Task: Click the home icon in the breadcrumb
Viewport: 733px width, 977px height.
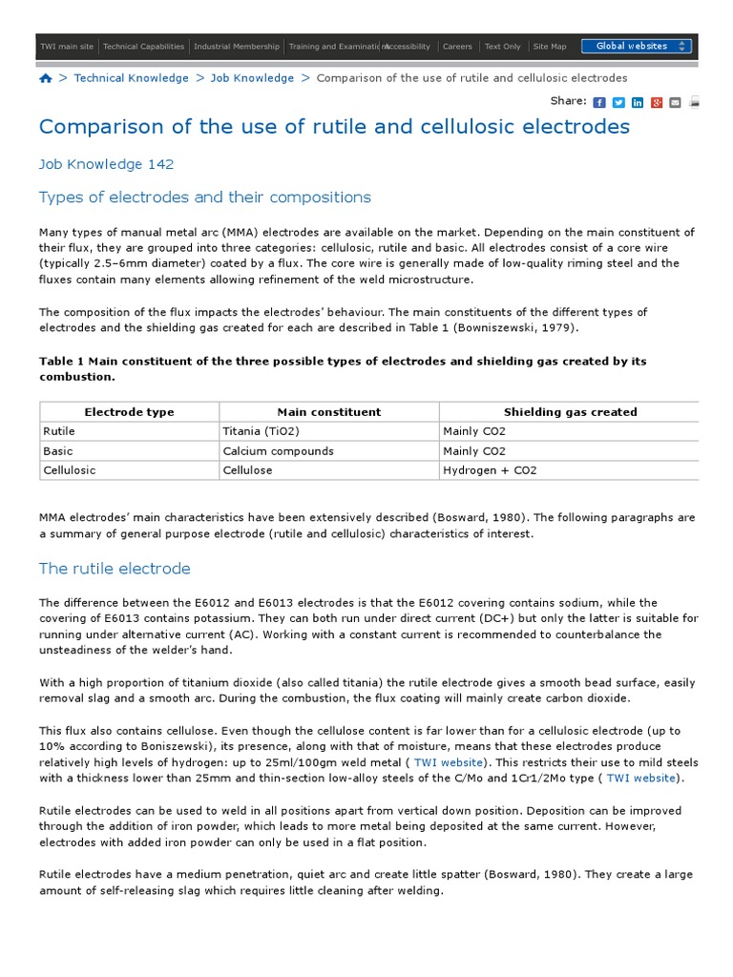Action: pyautogui.click(x=46, y=78)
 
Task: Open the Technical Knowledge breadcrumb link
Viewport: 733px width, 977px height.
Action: pyautogui.click(x=131, y=78)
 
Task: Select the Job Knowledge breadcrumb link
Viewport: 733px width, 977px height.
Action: pyautogui.click(x=252, y=78)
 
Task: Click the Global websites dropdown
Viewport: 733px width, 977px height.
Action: pyautogui.click(x=637, y=46)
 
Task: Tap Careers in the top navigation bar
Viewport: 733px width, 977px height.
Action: pyautogui.click(x=457, y=46)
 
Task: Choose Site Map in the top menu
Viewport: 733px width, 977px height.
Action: pyautogui.click(x=549, y=46)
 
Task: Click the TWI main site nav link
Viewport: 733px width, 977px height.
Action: pyautogui.click(x=67, y=46)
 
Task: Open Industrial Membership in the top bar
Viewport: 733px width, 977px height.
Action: pyautogui.click(x=237, y=46)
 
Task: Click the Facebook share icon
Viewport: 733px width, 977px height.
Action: pyautogui.click(x=599, y=103)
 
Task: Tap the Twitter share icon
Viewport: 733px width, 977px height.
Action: pyautogui.click(x=618, y=103)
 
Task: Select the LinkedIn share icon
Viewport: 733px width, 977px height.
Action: pyautogui.click(x=638, y=103)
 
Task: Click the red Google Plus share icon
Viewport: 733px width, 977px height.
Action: pyautogui.click(x=657, y=103)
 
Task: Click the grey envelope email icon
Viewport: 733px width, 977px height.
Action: pyautogui.click(x=676, y=103)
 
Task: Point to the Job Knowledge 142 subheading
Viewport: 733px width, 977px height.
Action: pyautogui.click(x=106, y=164)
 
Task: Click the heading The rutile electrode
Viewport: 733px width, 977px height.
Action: pyautogui.click(x=115, y=569)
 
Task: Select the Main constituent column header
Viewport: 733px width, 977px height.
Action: pyautogui.click(x=328, y=412)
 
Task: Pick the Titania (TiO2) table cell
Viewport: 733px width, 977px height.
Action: pyautogui.click(x=257, y=431)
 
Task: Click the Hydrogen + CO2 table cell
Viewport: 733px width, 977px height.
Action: pyautogui.click(x=490, y=470)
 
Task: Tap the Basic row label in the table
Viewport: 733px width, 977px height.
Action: pyautogui.click(x=58, y=451)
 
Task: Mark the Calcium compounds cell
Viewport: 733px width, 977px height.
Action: pyautogui.click(x=278, y=451)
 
